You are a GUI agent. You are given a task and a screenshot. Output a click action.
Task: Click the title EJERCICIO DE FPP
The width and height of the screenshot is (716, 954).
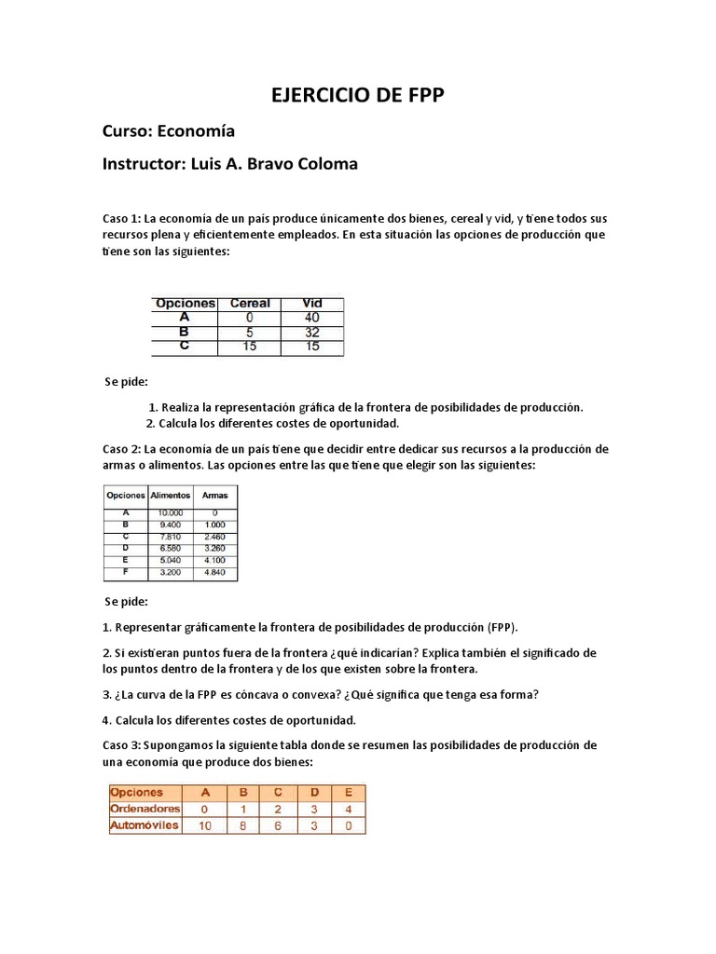pyautogui.click(x=358, y=96)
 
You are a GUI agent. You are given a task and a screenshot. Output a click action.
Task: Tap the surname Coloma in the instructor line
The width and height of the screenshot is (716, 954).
pyautogui.click(x=325, y=164)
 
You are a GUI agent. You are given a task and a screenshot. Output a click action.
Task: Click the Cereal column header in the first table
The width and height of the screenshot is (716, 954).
pyautogui.click(x=249, y=304)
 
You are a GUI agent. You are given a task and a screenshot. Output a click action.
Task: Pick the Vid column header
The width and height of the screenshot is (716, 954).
pyautogui.click(x=312, y=304)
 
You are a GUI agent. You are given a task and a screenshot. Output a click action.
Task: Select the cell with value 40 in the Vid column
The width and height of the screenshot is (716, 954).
pyautogui.click(x=312, y=318)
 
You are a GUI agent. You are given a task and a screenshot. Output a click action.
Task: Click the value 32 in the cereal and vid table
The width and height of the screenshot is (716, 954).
pyautogui.click(x=312, y=332)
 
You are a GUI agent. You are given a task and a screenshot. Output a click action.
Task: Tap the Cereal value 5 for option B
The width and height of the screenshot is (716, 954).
pyautogui.click(x=249, y=332)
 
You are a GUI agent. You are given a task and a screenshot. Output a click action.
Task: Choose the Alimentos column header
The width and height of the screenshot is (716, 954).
pyautogui.click(x=170, y=496)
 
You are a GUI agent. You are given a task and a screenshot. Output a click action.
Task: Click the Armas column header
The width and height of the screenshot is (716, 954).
pyautogui.click(x=214, y=496)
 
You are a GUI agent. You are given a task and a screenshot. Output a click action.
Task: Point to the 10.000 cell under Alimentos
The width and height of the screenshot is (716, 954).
pyautogui.click(x=170, y=512)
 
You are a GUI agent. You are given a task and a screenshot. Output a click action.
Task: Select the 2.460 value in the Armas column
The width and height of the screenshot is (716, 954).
pyautogui.click(x=214, y=537)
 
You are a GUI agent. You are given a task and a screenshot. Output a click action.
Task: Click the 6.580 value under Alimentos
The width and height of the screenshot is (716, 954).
pyautogui.click(x=170, y=549)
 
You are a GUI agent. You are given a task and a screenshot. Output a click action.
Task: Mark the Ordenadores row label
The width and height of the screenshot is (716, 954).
pyautogui.click(x=145, y=809)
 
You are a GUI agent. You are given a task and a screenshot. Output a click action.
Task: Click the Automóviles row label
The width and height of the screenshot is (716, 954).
pyautogui.click(x=145, y=825)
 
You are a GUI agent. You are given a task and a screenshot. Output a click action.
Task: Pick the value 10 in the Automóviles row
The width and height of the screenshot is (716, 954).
pyautogui.click(x=205, y=825)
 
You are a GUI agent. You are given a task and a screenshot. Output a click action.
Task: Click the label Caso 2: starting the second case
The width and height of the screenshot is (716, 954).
pyautogui.click(x=121, y=449)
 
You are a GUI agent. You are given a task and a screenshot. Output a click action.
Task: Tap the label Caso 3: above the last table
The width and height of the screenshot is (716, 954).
pyautogui.click(x=121, y=745)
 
